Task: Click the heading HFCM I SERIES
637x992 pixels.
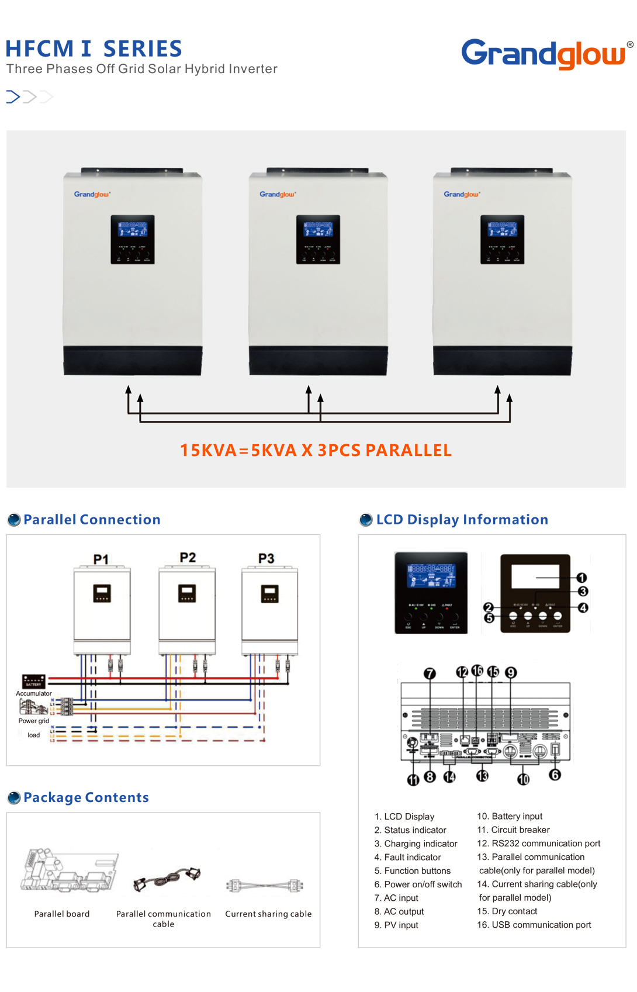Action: [94, 49]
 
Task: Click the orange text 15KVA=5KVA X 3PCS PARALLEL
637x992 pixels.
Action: [316, 450]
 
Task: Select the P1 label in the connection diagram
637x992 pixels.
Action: [101, 559]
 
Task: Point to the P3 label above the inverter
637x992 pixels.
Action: [266, 558]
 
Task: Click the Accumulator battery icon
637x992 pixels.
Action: [33, 681]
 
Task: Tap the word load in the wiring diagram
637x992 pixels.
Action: [34, 735]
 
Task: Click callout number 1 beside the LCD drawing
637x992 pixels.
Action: [582, 578]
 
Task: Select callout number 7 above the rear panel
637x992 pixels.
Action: [430, 673]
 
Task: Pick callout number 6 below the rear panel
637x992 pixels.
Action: [555, 775]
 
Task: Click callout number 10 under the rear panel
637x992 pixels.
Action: [523, 779]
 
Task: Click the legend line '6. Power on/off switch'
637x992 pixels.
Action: [418, 884]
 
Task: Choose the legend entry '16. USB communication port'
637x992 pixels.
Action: [534, 925]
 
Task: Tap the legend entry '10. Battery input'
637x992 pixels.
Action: [510, 816]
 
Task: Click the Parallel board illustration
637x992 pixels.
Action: [68, 870]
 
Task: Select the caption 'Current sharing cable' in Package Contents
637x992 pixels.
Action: [268, 914]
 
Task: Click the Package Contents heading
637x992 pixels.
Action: [86, 797]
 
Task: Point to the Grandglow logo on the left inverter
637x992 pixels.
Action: [92, 194]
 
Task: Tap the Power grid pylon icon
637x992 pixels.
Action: [33, 707]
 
